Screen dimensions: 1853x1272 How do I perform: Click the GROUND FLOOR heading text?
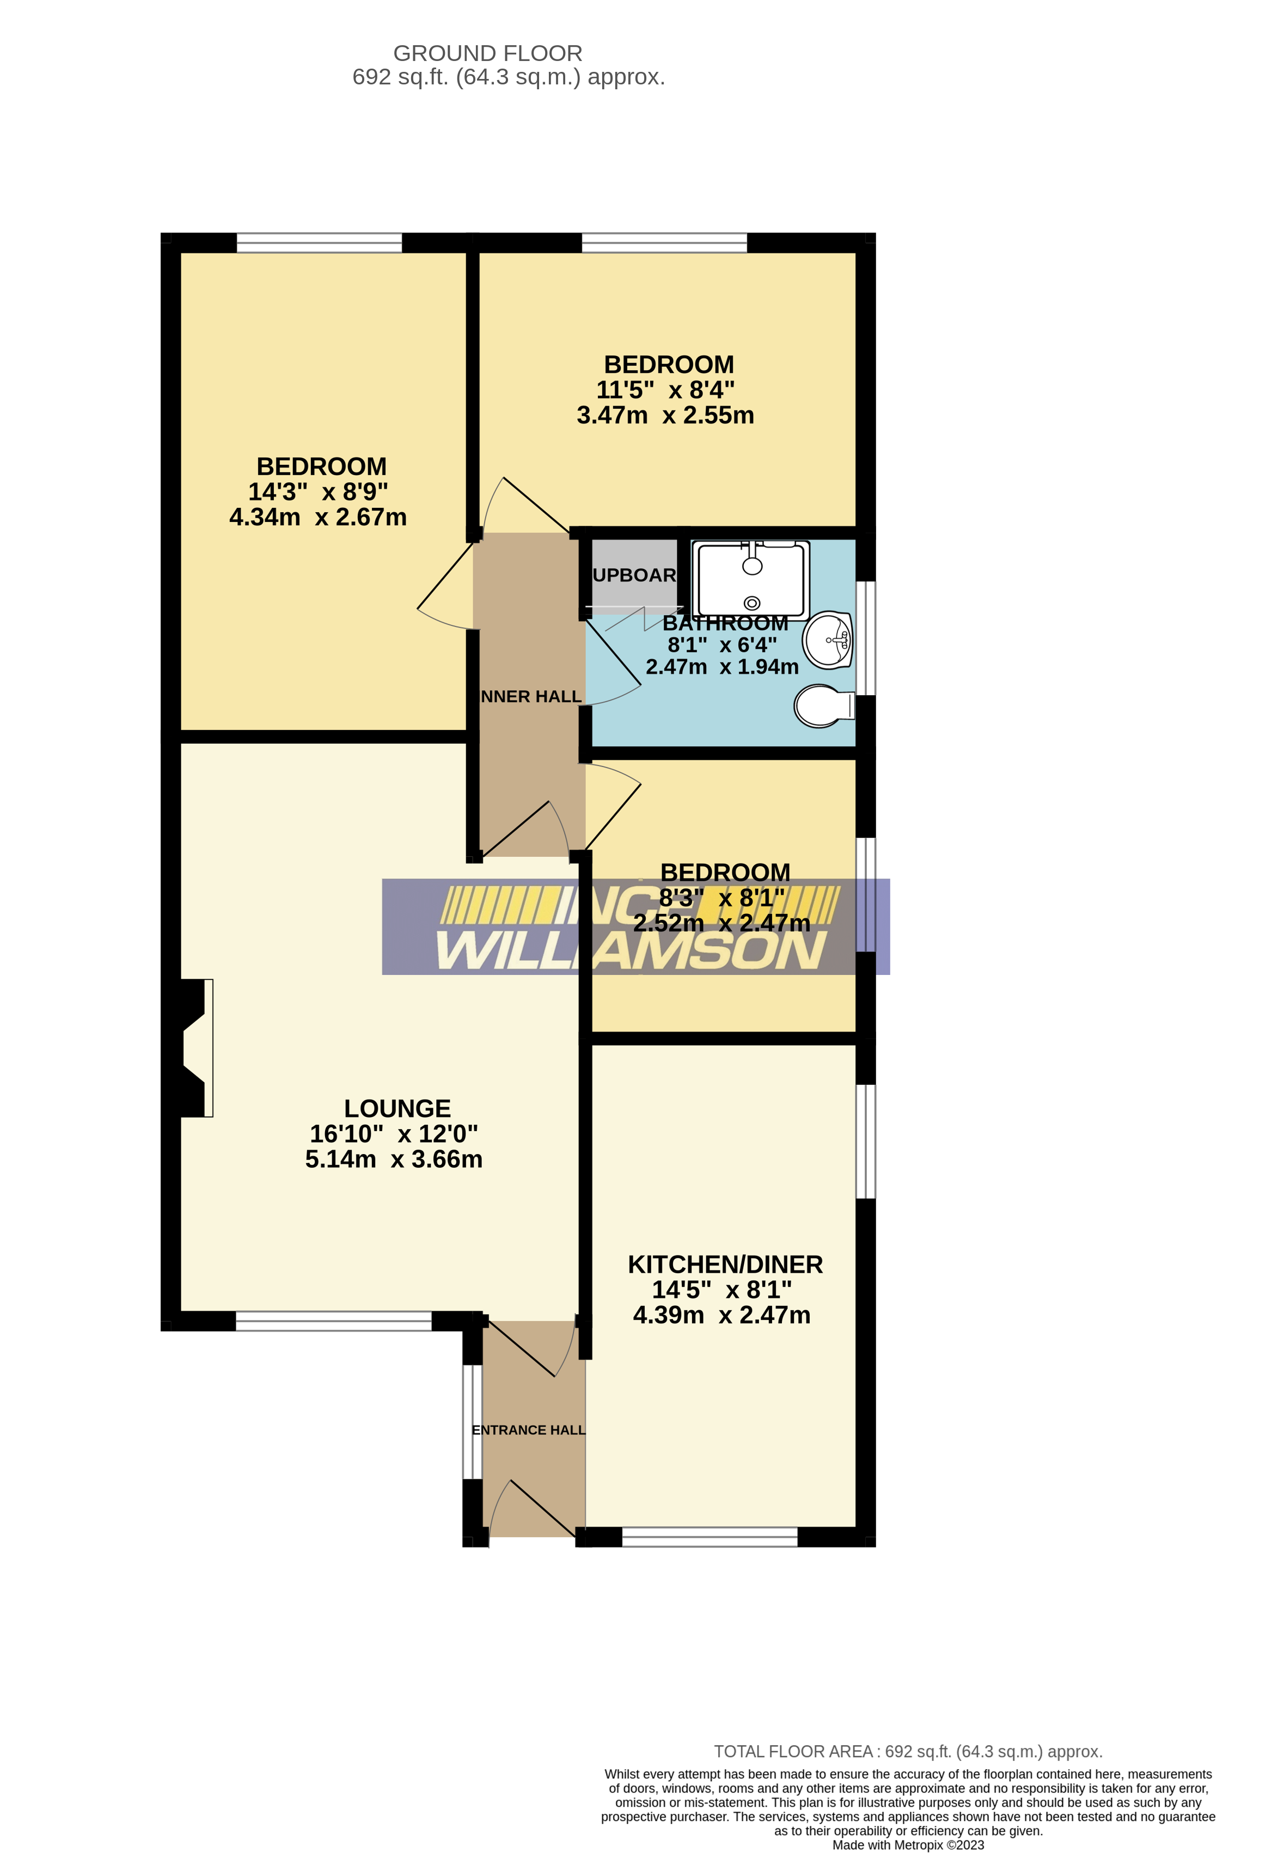[487, 53]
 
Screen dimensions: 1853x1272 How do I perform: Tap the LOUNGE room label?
[397, 1108]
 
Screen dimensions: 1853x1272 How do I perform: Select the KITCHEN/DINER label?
[724, 1265]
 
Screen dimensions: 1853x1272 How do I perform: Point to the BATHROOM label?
[725, 623]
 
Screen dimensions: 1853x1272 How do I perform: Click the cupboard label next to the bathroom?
[634, 575]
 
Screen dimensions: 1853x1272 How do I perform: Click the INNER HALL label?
[531, 697]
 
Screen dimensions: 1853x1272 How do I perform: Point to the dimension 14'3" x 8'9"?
[317, 492]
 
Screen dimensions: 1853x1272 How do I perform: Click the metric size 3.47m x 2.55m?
[665, 415]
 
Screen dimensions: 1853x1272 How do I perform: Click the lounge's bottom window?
[333, 1322]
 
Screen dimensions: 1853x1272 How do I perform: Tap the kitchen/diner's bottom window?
[709, 1537]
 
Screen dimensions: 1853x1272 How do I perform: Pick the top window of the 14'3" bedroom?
[319, 242]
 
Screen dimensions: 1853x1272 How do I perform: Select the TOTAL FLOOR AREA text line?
[908, 1752]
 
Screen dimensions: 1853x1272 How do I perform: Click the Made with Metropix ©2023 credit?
[908, 1845]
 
